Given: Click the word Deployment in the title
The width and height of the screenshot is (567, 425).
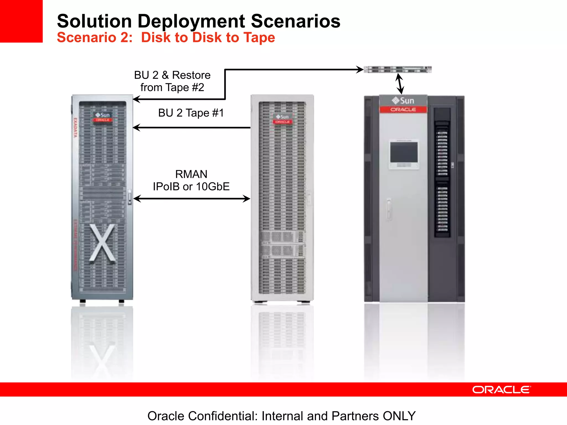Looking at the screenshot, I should coord(191,21).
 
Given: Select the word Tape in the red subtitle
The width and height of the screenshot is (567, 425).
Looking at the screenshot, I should coord(259,38).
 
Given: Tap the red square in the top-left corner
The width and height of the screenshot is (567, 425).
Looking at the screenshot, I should coord(21,21).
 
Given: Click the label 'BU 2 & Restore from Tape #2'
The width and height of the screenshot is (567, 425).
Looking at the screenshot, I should coord(172,81).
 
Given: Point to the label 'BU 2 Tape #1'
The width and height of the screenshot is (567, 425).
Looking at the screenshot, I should coord(191,113).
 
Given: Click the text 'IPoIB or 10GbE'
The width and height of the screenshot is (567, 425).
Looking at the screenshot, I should coord(191,187).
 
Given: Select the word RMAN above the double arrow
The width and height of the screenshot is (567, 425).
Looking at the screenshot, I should coord(191,174).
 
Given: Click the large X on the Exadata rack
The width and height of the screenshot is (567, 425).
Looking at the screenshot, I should coord(102,243).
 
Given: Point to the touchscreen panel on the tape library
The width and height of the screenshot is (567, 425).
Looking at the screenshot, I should coord(404,152).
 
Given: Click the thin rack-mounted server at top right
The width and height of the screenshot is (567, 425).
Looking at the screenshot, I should coord(398,69).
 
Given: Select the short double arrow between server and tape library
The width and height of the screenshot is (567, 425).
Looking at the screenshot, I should coord(400,84).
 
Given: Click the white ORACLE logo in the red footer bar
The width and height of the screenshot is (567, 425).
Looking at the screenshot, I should coord(501,390).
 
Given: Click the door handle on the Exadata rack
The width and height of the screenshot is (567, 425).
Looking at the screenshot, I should coord(130,197).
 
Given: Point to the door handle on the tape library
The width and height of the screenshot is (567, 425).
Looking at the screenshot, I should coord(389,209).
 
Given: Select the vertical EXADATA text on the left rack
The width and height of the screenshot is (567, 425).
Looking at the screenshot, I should coord(75,128).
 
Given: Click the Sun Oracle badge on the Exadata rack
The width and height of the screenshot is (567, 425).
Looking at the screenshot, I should coord(102,117).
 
